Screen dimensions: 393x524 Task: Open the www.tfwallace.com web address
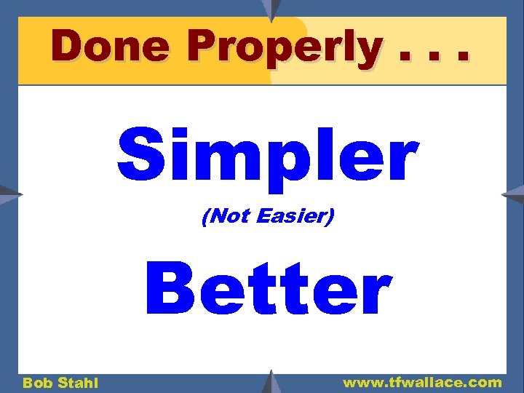click(422, 382)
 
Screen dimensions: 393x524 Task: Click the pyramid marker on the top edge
click(271, 9)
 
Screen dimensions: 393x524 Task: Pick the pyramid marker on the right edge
click(513, 194)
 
